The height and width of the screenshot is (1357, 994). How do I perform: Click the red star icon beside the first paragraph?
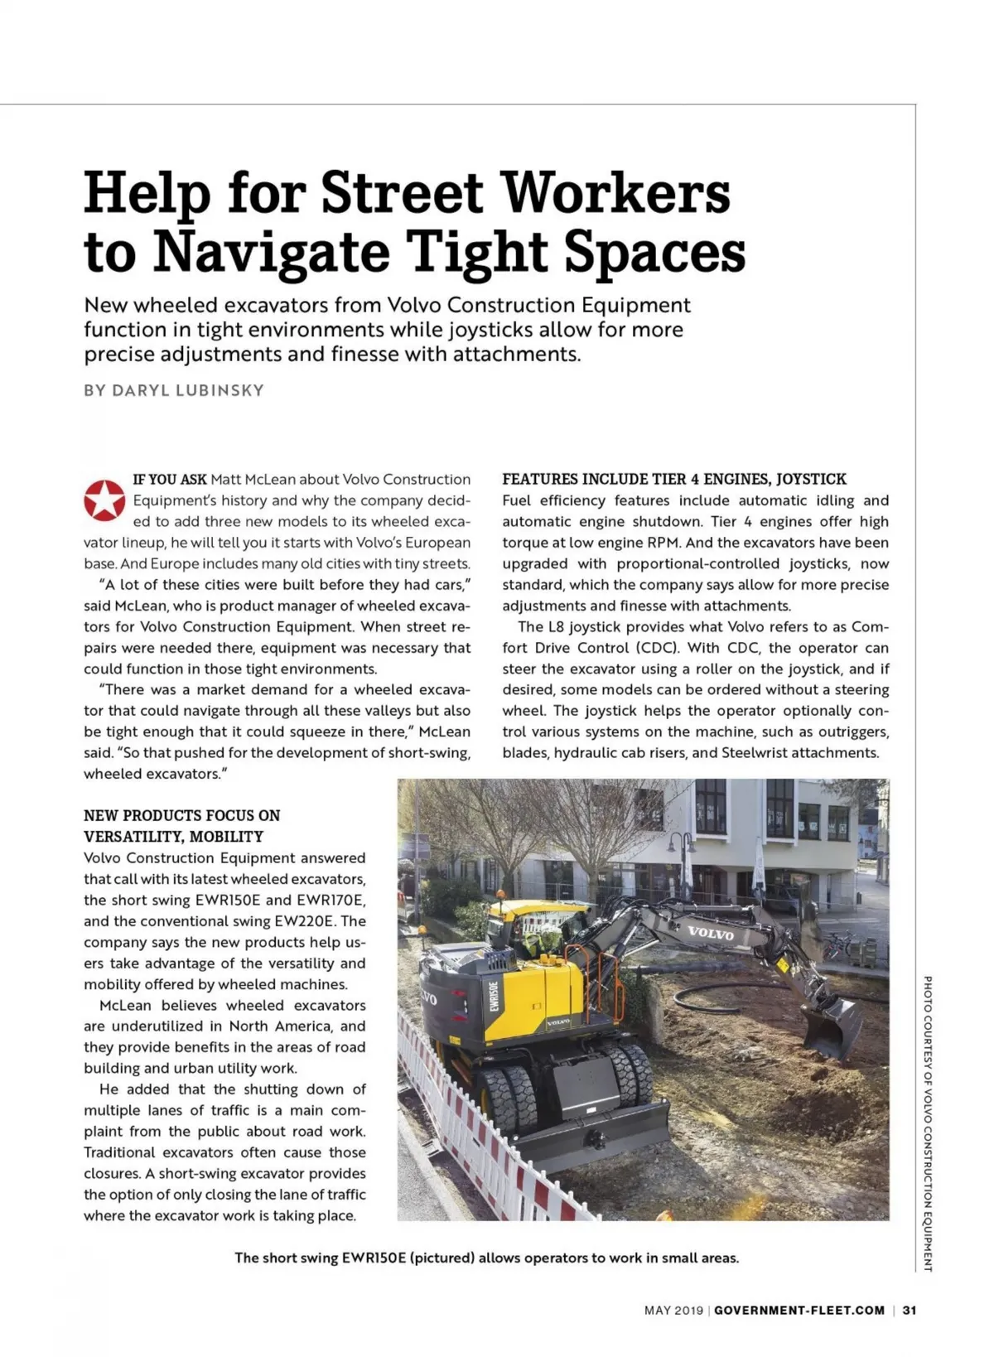click(104, 500)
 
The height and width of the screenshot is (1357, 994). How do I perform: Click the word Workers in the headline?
click(617, 192)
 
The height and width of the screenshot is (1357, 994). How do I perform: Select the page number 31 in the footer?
click(910, 1310)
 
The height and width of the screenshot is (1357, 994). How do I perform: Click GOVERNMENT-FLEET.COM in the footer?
click(799, 1310)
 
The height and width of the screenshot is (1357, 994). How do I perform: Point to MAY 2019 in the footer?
click(673, 1310)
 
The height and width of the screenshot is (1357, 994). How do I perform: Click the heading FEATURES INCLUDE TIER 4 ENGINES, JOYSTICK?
click(674, 479)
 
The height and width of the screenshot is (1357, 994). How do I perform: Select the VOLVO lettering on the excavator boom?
click(710, 933)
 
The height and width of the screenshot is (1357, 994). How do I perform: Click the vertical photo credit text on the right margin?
click(928, 1123)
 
